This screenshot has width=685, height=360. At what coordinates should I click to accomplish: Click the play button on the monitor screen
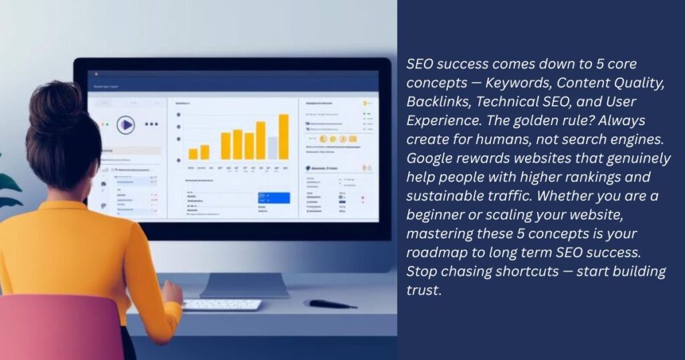pyautogui.click(x=125, y=124)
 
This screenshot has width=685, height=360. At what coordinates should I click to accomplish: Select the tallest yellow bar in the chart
pyautogui.click(x=284, y=137)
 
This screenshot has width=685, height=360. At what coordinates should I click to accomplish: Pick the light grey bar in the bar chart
pyautogui.click(x=272, y=147)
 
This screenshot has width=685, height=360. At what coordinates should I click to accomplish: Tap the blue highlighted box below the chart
pyautogui.click(x=274, y=198)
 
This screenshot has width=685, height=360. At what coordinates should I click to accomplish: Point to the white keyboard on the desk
pyautogui.click(x=222, y=304)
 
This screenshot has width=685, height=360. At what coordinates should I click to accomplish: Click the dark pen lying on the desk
pyautogui.click(x=332, y=304)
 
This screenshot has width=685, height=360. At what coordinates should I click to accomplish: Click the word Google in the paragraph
pyautogui.click(x=429, y=159)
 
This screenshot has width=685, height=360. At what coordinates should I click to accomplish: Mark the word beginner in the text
pyautogui.click(x=434, y=216)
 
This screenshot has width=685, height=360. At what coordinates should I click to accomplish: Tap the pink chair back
pyautogui.click(x=60, y=328)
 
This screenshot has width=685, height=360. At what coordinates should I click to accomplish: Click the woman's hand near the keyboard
pyautogui.click(x=172, y=293)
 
